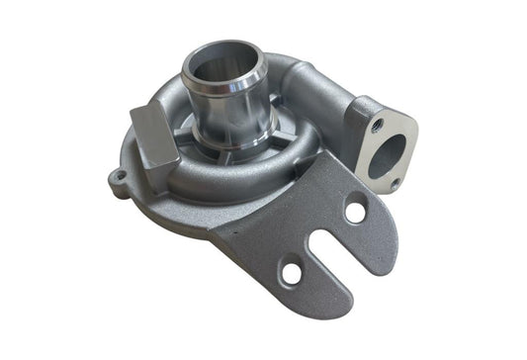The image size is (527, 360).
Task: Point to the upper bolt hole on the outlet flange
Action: click(x=378, y=126)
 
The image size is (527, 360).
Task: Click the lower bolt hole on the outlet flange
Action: click(x=395, y=184)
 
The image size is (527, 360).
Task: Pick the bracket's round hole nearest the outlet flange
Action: click(x=354, y=210)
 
